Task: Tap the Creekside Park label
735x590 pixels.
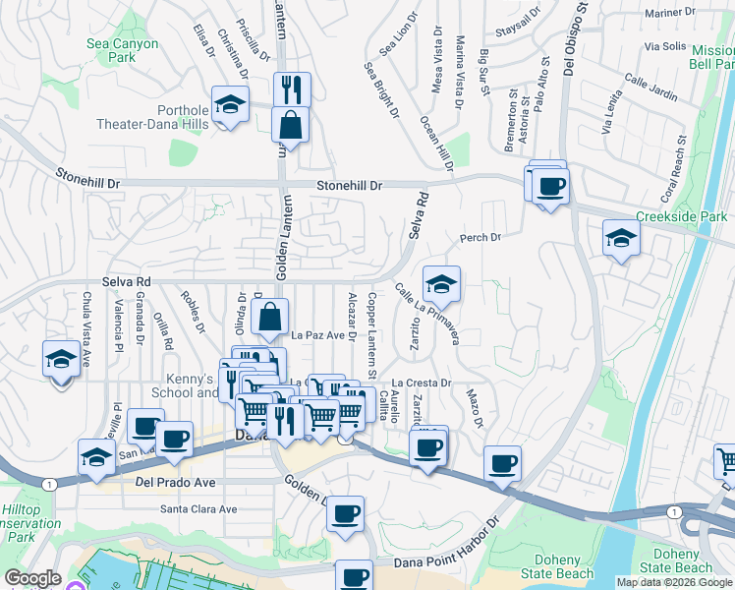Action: pos(681,216)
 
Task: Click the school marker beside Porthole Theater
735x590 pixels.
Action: pos(230,105)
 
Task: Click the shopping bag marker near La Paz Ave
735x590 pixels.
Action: pos(269,318)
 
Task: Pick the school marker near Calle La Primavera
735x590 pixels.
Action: pos(441,285)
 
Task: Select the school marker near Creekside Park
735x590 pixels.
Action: pos(620,239)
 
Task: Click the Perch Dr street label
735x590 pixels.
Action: pos(481,238)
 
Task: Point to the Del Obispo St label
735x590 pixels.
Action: pos(569,39)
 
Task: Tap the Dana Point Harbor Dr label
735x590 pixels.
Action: pos(447,561)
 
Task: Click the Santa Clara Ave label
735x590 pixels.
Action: pos(199,509)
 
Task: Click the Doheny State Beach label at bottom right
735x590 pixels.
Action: pos(676,561)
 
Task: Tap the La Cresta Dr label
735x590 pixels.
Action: pos(422,383)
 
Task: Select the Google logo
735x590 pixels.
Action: pos(32,579)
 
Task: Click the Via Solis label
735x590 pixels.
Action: pos(665,46)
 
